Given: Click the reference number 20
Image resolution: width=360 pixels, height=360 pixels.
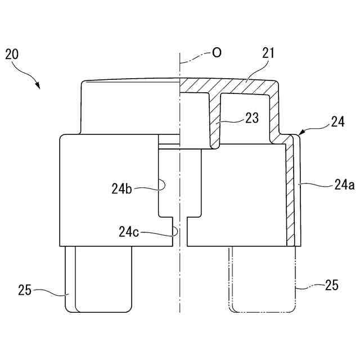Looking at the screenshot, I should point(12,55).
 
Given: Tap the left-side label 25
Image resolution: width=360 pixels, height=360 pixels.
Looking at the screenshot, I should point(25,290).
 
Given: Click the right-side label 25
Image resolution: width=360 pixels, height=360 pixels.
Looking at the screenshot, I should point(331,285).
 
